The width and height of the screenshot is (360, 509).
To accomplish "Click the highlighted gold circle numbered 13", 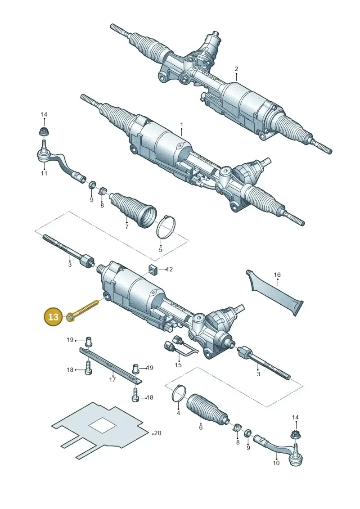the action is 53,316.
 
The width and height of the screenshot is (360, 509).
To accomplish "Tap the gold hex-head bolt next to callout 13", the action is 82,310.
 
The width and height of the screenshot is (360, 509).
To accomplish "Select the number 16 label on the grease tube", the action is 277,275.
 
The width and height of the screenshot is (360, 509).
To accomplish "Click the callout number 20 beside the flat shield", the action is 157,432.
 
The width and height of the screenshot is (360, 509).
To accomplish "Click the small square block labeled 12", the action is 153,269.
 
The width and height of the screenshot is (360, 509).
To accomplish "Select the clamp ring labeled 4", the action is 179,393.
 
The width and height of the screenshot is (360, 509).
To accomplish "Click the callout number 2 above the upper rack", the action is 236,68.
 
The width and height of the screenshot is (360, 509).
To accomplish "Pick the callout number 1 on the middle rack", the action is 181,125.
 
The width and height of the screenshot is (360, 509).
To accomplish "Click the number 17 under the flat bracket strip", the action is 112,379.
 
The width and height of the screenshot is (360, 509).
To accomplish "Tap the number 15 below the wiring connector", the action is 178,365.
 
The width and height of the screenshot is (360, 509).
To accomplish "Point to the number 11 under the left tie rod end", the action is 44,173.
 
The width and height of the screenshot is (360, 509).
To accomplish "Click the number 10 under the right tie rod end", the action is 276,463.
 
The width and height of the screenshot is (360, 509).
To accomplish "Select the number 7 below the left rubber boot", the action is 126,226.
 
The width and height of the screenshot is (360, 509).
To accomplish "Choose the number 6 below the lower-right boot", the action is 201,428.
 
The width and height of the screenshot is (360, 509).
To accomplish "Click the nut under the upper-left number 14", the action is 42,132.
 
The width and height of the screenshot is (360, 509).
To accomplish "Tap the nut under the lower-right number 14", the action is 295,434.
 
